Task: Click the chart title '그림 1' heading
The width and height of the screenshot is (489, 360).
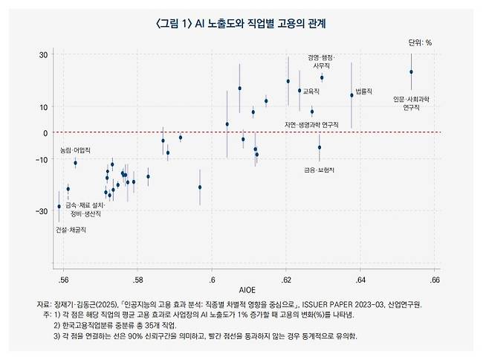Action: click(x=242, y=23)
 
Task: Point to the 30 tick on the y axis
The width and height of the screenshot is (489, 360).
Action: click(x=44, y=55)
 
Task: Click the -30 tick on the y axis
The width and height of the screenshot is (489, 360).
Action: click(x=42, y=212)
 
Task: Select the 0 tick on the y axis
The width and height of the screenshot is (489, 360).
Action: click(x=46, y=133)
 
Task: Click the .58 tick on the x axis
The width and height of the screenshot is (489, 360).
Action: click(x=137, y=280)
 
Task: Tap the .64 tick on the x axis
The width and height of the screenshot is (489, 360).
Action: click(x=360, y=280)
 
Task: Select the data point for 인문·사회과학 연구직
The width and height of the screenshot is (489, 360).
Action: click(x=411, y=72)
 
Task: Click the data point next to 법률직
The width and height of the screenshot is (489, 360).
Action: click(x=352, y=95)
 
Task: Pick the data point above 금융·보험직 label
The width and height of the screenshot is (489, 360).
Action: click(x=320, y=147)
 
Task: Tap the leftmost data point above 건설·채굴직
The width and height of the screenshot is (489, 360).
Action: click(x=59, y=206)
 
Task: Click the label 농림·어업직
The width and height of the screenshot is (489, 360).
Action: click(x=75, y=150)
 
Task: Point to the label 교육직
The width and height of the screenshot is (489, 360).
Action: click(x=311, y=91)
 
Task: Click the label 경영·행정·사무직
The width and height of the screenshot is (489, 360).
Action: click(x=321, y=61)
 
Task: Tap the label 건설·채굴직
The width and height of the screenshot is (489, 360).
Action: click(x=71, y=231)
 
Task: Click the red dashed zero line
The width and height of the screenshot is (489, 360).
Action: click(x=223, y=133)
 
